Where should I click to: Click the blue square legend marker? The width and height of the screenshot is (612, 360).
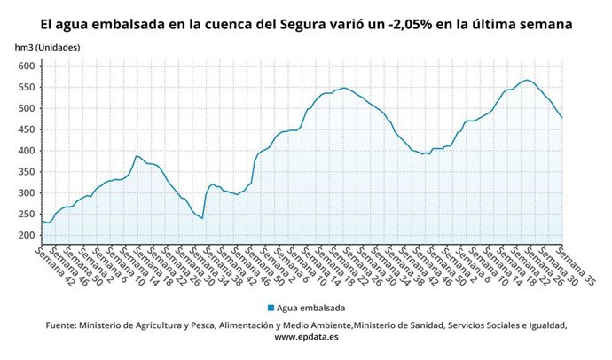(270, 308)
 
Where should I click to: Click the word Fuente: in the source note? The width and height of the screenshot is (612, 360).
(63, 325)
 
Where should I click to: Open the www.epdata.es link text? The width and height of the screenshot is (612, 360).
(306, 338)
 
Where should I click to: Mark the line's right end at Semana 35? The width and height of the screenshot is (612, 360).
(562, 117)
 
